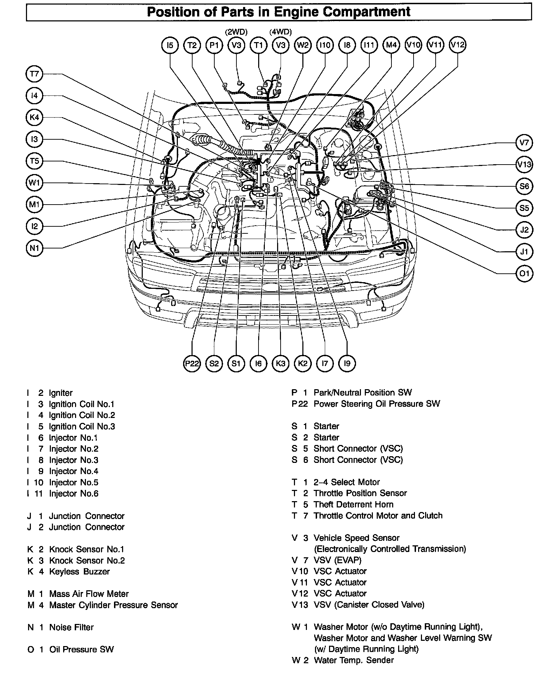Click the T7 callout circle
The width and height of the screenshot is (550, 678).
34,74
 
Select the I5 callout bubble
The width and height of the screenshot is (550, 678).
170,45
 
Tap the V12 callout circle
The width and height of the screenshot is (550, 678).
457,45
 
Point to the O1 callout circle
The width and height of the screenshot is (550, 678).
524,273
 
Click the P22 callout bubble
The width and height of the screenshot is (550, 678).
192,364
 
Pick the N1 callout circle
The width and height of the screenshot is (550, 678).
34,248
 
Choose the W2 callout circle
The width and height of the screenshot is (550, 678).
303,45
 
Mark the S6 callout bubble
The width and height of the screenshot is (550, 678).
524,186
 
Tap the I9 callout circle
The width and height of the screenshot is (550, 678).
347,364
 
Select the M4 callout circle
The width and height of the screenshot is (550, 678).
391,45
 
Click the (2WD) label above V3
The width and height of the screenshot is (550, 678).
236,32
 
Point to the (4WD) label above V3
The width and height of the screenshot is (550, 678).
281,32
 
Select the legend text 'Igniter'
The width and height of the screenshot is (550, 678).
61,393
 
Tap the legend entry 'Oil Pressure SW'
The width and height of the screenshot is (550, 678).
81,650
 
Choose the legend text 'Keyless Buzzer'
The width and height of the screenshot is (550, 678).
79,572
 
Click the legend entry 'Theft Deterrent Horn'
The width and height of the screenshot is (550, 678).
353,504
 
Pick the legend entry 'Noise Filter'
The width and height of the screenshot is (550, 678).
71,627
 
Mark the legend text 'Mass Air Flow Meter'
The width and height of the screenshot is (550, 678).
89,594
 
